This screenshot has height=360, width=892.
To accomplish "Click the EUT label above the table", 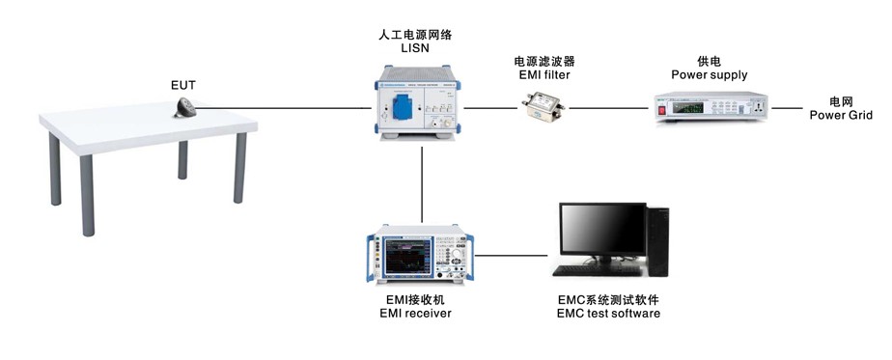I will click(183, 85).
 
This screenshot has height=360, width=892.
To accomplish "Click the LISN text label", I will click(415, 47).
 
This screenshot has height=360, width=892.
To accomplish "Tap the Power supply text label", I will click(709, 74).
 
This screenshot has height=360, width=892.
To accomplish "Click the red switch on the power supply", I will click(664, 110).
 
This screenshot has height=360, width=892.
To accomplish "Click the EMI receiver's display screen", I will click(409, 256).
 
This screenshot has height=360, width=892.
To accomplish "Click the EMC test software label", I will click(608, 313).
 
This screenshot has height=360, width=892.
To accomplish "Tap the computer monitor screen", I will click(602, 230).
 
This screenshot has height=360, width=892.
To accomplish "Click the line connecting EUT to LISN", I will click(309, 110).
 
